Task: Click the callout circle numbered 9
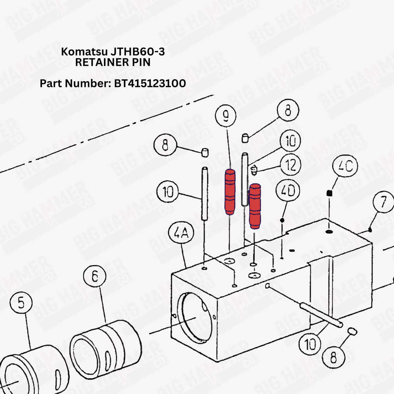[225, 115]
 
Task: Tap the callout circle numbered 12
[290, 165]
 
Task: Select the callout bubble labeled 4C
[345, 166]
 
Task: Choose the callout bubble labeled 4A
[181, 233]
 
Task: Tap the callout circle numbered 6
[95, 276]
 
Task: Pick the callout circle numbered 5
[21, 302]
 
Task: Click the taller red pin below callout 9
[230, 192]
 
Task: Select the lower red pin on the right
[255, 206]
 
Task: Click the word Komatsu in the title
[84, 52]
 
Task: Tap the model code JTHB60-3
[138, 52]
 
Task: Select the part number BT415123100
[150, 83]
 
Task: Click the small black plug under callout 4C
[329, 193]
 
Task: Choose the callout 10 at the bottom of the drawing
[310, 344]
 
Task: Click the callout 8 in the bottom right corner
[334, 357]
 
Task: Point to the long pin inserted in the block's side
[321, 315]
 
